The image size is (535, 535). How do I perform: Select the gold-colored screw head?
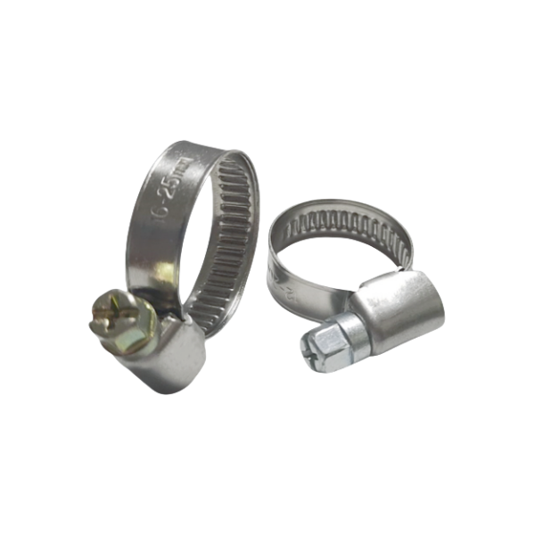(114, 314)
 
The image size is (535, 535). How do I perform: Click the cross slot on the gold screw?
(112, 311)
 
